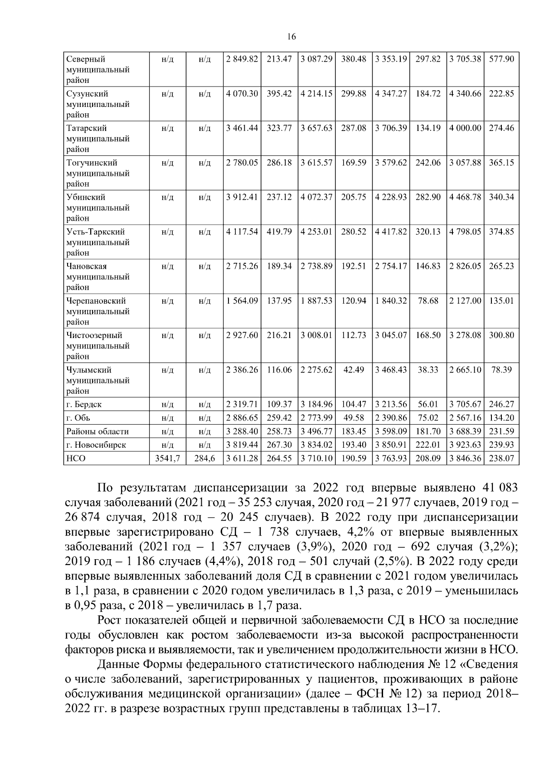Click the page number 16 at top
291,37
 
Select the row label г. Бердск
84,404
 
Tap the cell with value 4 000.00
465,128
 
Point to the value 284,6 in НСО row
204,459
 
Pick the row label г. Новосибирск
96,445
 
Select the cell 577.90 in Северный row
501,59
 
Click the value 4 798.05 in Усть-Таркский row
465,232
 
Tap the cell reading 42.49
354,370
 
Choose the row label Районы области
97,431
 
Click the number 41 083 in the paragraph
498,488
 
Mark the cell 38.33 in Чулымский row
427,370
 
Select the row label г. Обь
78,418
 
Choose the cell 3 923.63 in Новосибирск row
465,445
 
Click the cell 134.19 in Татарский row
427,128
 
